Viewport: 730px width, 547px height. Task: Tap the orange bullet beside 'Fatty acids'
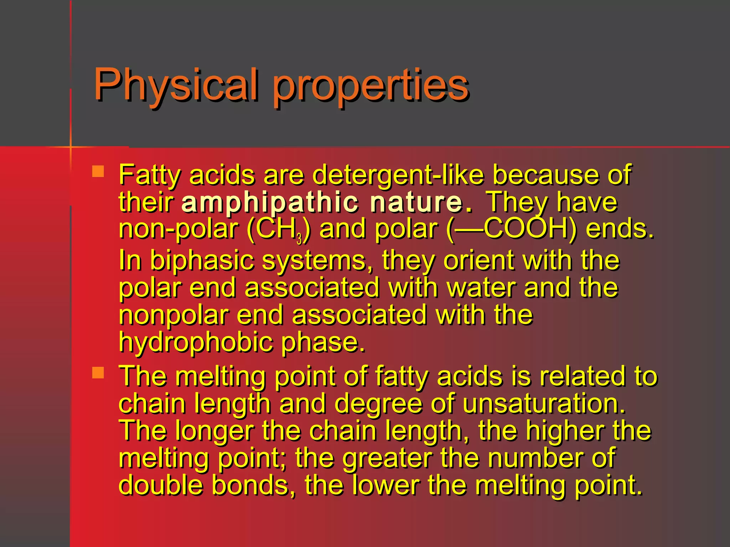(98, 171)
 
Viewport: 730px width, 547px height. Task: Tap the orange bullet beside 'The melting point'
(98, 373)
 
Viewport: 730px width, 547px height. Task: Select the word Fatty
(150, 175)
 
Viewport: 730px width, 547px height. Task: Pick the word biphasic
(202, 260)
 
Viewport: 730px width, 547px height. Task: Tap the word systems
(317, 260)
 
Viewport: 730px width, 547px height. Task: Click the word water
(481, 287)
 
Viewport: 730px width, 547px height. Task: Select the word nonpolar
(173, 315)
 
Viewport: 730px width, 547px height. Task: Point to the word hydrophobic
(196, 342)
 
